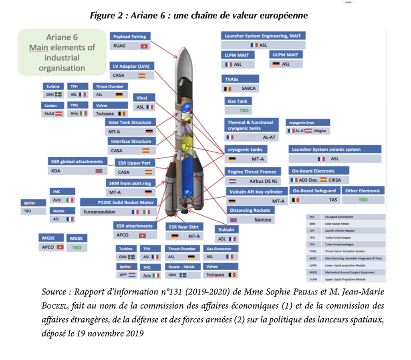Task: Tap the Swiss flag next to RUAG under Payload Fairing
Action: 145,47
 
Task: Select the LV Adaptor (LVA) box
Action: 131,66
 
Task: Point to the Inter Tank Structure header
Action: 130,122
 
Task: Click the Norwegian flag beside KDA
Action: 99,171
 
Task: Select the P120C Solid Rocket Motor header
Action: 118,202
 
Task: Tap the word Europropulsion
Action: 99,212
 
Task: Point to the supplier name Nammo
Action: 262,220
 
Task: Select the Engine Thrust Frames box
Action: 252,172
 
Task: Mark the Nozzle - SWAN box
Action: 181,266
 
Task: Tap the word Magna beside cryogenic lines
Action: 320,131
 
